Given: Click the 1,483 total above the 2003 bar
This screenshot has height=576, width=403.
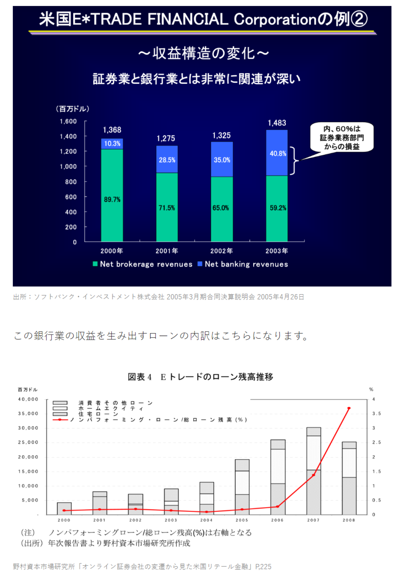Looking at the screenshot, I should pos(277,123).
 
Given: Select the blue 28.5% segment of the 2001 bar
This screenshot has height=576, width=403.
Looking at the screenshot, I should pos(167,159).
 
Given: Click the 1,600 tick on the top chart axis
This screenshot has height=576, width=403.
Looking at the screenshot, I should pos(68,121).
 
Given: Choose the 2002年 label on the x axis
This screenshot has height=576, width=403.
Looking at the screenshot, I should pos(222,251).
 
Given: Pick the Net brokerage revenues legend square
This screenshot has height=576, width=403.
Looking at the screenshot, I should pos(95,264).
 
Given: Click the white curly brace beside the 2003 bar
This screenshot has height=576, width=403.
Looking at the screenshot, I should pos(294,161).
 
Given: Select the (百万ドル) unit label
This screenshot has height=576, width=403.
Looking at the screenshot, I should pos(73,109).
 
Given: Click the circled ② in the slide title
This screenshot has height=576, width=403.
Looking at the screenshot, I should pos(359,19).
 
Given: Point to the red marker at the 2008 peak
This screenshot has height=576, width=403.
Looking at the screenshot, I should pos(349,408).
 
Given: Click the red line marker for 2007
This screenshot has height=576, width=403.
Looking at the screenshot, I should pos(313,475).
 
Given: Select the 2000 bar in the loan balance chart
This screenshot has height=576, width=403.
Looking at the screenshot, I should pos(64,508).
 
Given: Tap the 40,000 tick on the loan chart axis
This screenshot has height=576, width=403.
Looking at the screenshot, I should pos(28,399).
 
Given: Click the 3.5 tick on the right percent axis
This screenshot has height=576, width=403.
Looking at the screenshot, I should pos(376,413).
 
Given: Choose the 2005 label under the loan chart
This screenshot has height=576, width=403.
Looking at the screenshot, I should pos(242,520).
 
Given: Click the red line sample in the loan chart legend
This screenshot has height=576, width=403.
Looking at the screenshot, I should pos(60,420).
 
